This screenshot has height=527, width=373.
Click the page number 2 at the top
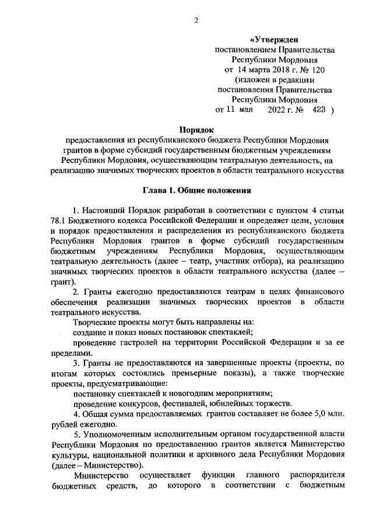coord(196,21)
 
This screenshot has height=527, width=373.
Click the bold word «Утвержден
coord(274,40)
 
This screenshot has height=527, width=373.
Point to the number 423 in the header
coord(318,109)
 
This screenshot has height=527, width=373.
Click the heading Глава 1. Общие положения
coord(197,189)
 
